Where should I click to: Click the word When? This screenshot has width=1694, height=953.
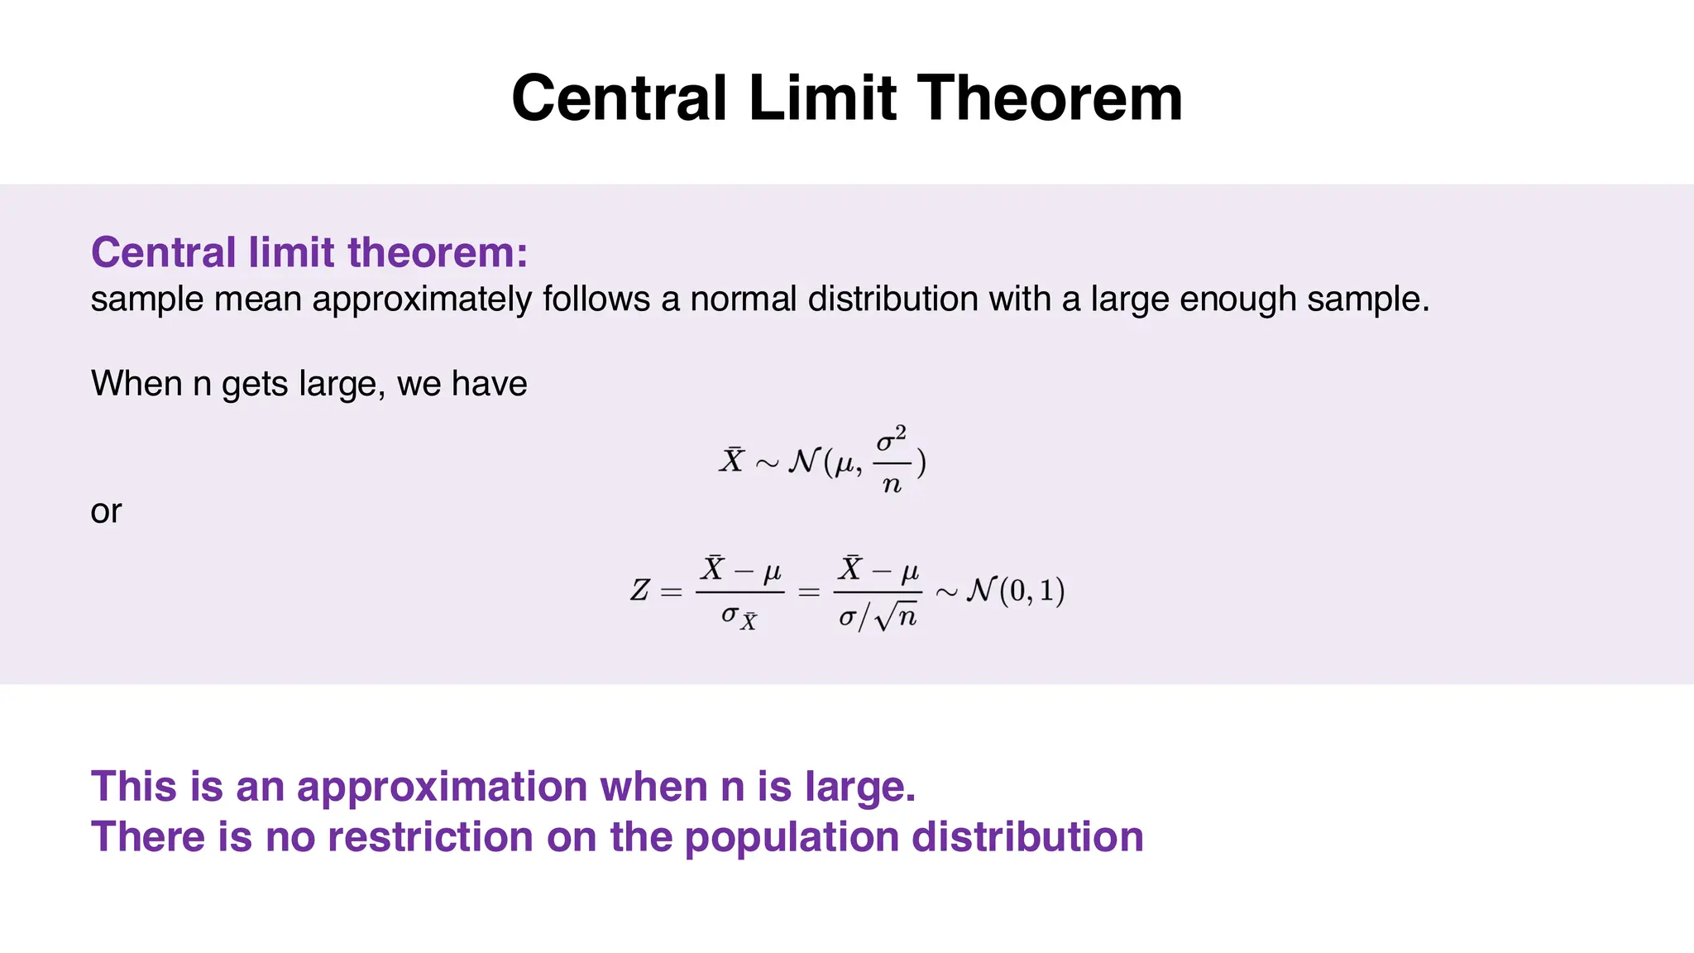coord(136,384)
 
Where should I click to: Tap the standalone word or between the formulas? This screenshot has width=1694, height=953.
coord(106,512)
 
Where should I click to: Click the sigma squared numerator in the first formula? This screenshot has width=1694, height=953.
coord(892,439)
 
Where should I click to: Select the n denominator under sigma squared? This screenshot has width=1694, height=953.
coord(892,483)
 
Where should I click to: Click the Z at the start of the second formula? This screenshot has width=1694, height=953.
coord(640,591)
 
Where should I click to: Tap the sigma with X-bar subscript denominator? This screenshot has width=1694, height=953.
coord(739,616)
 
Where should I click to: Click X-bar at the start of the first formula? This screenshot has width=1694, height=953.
coord(731,460)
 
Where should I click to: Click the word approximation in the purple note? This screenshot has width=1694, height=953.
coord(442,787)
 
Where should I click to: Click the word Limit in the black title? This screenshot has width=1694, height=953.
coord(822,98)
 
